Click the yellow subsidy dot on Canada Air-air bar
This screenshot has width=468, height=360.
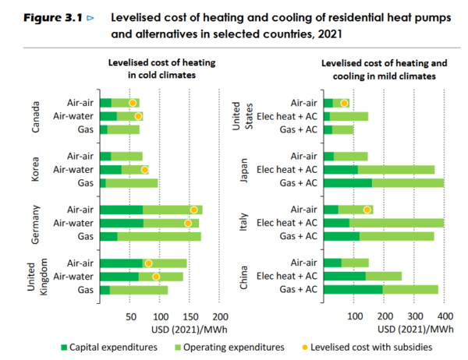click(x=133, y=103)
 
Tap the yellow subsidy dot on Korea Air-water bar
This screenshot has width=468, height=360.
click(x=144, y=169)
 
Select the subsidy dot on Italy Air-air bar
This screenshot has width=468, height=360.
click(x=367, y=210)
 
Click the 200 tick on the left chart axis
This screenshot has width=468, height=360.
click(x=221, y=317)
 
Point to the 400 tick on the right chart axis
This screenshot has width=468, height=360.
click(x=445, y=317)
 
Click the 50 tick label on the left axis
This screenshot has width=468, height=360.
click(x=130, y=317)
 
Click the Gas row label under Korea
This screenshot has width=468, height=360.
click(x=86, y=182)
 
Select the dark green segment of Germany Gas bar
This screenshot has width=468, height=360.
click(x=109, y=236)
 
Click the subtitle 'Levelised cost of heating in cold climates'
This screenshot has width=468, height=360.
click(x=152, y=68)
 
